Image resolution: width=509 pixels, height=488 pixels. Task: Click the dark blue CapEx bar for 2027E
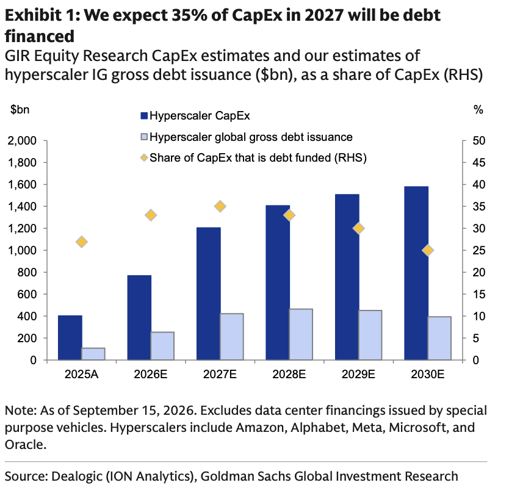[x=208, y=293]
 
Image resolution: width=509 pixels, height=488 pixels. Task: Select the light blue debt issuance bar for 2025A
[x=93, y=354]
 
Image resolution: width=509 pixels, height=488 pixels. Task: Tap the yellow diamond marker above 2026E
[x=151, y=215]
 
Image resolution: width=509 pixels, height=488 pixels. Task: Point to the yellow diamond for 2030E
[x=428, y=250]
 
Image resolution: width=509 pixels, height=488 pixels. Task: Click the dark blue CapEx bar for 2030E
[x=416, y=273]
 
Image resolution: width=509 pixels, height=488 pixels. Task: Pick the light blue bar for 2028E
[x=301, y=334]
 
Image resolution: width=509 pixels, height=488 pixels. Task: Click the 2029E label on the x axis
[x=358, y=374]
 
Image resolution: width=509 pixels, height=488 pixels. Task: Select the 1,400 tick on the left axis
[x=22, y=206]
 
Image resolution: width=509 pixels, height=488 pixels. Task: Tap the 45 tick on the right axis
[x=479, y=162]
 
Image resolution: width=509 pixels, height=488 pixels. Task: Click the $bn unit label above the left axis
[x=20, y=109]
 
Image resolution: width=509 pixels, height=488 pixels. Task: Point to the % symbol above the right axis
[x=478, y=110]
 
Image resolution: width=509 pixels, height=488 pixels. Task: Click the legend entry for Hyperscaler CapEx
[x=195, y=115]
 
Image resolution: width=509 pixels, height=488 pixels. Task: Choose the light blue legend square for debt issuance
[x=144, y=137]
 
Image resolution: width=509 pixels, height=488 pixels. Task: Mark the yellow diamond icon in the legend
[x=144, y=158]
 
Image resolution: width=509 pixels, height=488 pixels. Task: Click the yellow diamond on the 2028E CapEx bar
[x=289, y=215]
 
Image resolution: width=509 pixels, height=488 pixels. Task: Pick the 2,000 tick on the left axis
[x=22, y=140]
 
